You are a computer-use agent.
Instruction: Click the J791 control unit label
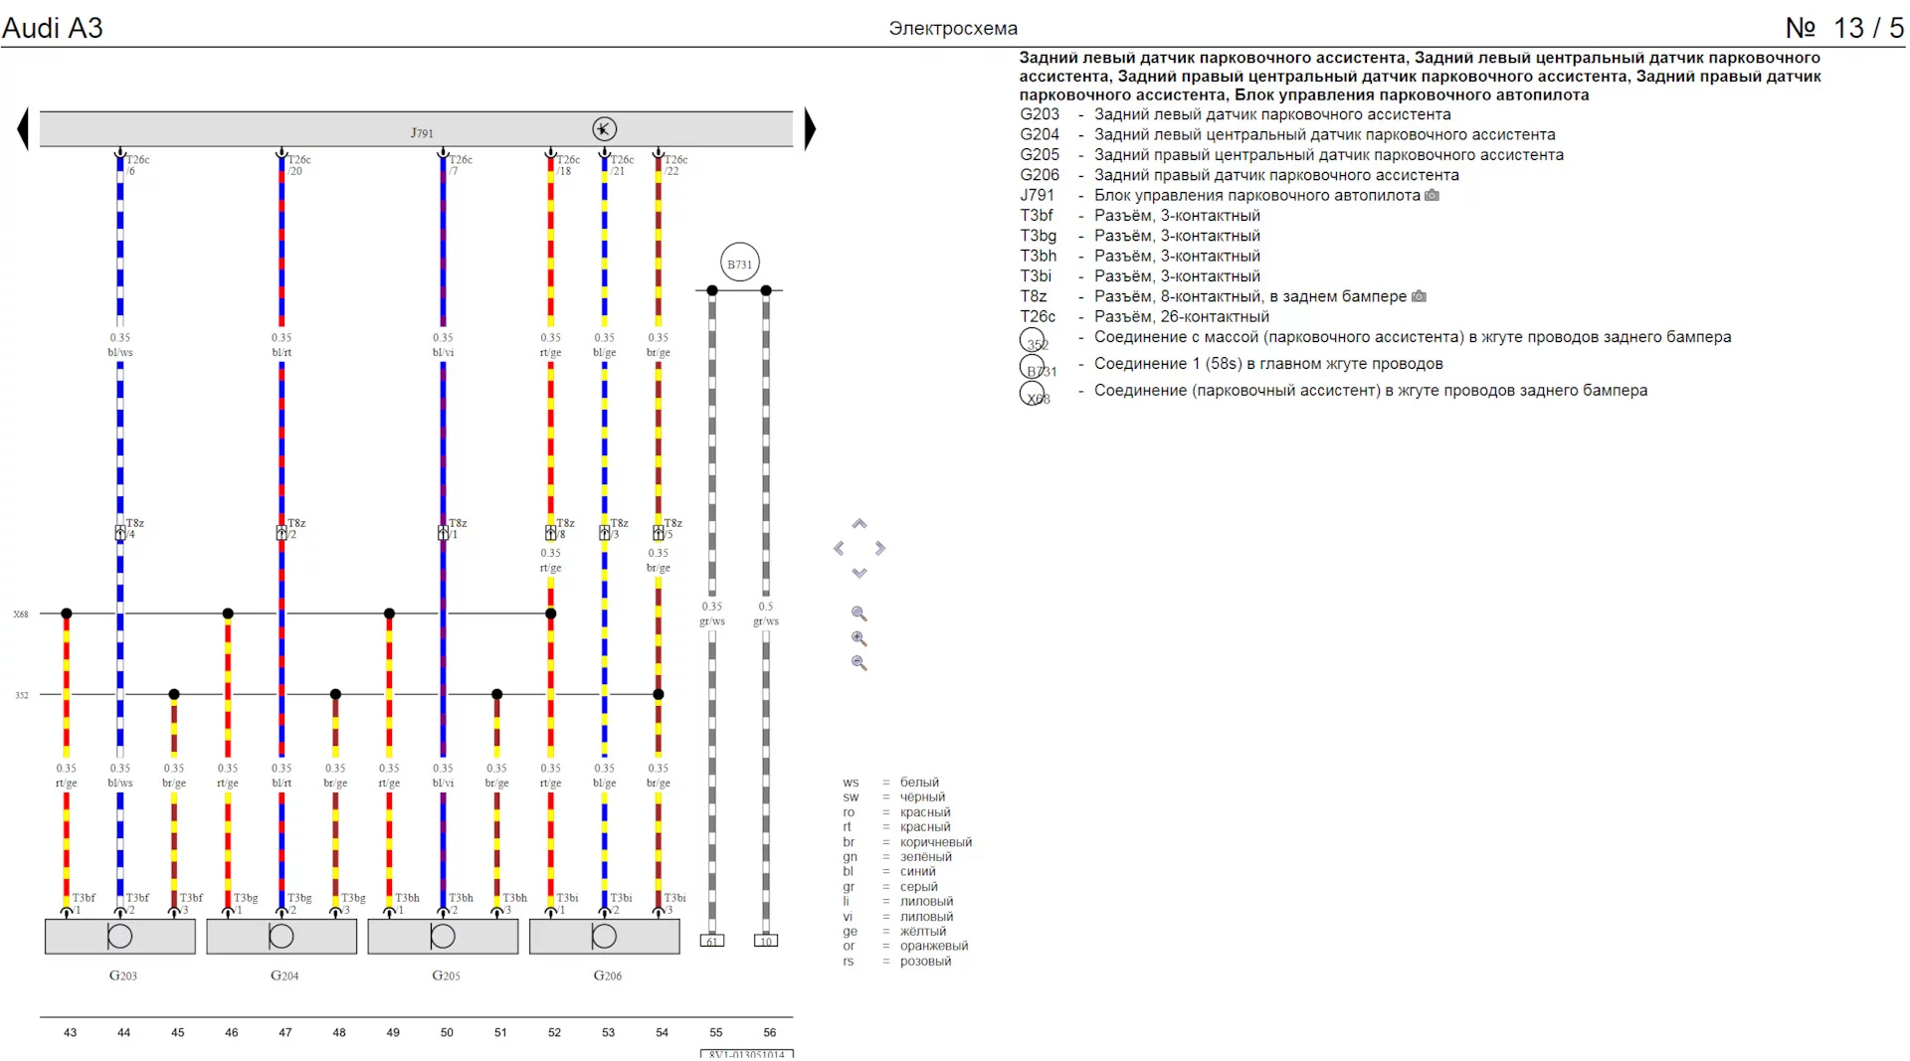point(422,132)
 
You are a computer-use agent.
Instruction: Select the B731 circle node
point(739,264)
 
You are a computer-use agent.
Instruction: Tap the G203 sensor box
point(120,937)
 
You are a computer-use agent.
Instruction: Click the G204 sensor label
point(285,975)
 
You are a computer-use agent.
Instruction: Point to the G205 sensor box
point(443,937)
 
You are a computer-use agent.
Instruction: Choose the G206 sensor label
point(607,975)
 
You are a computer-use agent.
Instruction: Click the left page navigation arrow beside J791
point(23,129)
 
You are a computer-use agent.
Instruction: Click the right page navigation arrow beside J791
point(810,129)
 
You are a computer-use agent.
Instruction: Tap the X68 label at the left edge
point(21,615)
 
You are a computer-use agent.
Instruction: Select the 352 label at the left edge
point(22,695)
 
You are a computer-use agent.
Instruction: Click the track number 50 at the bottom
point(447,1032)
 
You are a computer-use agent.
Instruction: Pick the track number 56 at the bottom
point(769,1032)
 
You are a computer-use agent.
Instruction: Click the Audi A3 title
point(53,28)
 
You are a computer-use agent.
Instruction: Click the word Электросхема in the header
point(952,29)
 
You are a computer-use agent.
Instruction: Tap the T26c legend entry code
point(1038,316)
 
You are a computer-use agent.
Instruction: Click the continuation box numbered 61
point(712,941)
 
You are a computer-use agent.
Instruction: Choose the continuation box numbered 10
point(766,941)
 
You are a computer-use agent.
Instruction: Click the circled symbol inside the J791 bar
point(604,129)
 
